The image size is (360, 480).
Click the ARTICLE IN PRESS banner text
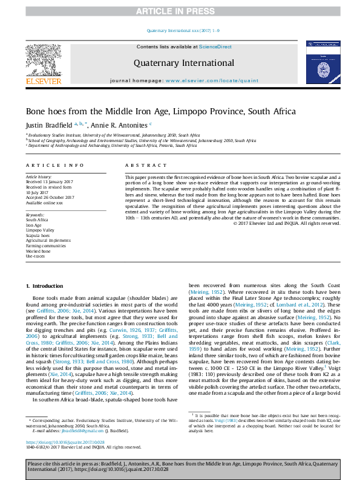point(180,11)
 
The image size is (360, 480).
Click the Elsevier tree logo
point(43,62)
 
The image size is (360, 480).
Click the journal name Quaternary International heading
point(180,63)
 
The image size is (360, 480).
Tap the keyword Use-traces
point(36,256)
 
